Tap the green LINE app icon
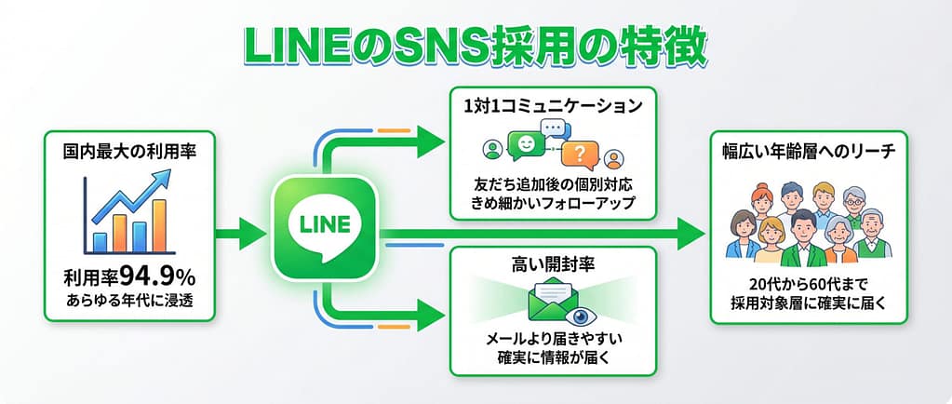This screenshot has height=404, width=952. pos(326,227)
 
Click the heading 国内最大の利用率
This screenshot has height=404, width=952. pos(129,152)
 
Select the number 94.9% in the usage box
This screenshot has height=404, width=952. pos(157,277)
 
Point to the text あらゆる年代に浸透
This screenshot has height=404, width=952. pos(129,300)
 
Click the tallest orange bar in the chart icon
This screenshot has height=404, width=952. pos(160,224)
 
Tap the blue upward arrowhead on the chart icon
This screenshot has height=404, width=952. pos(162,178)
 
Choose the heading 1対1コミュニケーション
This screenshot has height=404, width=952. pos(553,106)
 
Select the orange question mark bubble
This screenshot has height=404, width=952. pos(580,155)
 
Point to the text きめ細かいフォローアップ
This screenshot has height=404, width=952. pos(553,202)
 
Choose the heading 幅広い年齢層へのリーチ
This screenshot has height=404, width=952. pos(809,153)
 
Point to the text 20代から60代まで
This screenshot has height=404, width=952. pos(809,285)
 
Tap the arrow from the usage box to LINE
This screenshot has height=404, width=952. pos(241,234)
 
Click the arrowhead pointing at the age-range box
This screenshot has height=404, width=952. pos(691,234)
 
